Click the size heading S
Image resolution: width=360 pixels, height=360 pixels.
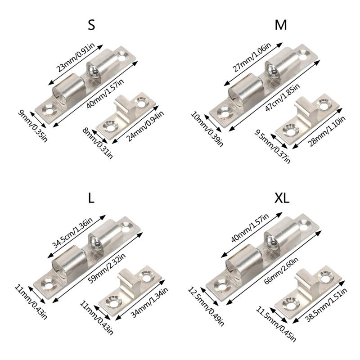point(91,25)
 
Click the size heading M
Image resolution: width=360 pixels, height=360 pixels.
point(281,25)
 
